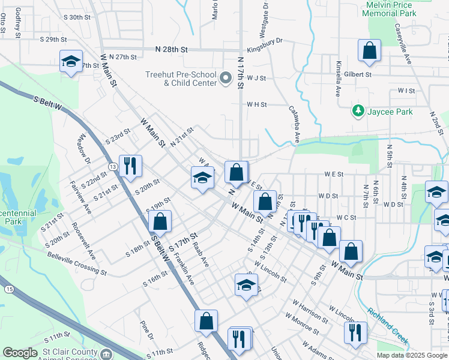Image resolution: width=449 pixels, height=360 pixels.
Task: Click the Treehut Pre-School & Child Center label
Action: point(181,79)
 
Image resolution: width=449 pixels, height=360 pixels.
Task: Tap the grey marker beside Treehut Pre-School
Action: point(226,78)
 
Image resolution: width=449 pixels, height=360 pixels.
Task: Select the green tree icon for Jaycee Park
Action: point(358,110)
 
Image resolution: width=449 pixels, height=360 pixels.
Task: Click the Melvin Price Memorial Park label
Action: point(391,8)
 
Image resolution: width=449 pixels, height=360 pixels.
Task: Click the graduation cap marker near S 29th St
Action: point(71,61)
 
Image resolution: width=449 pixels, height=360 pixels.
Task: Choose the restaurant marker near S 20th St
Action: point(130,166)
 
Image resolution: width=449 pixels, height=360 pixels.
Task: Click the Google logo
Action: point(20,353)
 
